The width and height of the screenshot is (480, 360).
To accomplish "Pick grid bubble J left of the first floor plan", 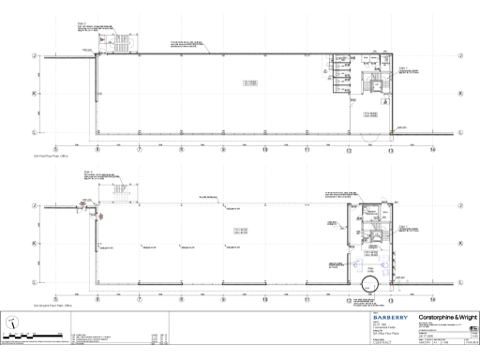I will click(35, 55).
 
